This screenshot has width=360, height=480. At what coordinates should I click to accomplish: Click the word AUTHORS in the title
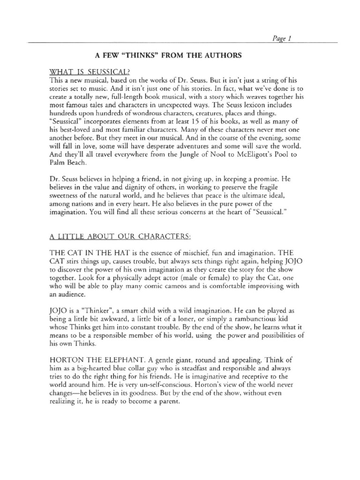click(x=223, y=55)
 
